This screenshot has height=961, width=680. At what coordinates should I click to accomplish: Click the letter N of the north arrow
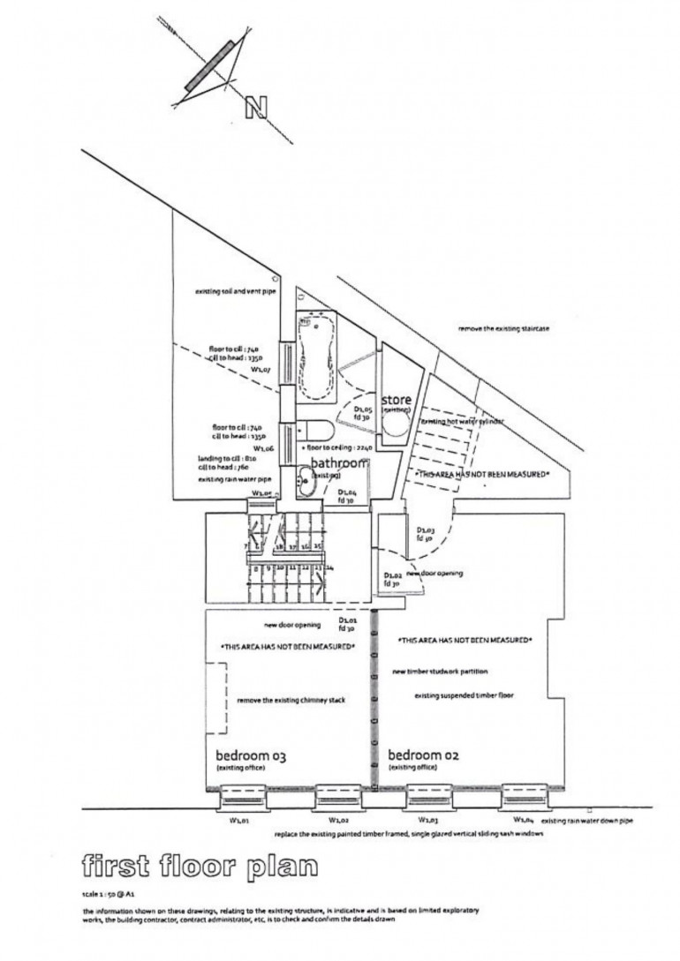[x=257, y=107]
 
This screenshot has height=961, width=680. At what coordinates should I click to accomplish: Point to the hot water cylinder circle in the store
[x=396, y=431]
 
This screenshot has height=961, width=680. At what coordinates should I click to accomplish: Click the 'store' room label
[x=397, y=401]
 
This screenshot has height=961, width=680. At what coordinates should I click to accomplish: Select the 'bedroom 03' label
[x=252, y=756]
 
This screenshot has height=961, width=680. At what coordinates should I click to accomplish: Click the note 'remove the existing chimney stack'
[x=289, y=700]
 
